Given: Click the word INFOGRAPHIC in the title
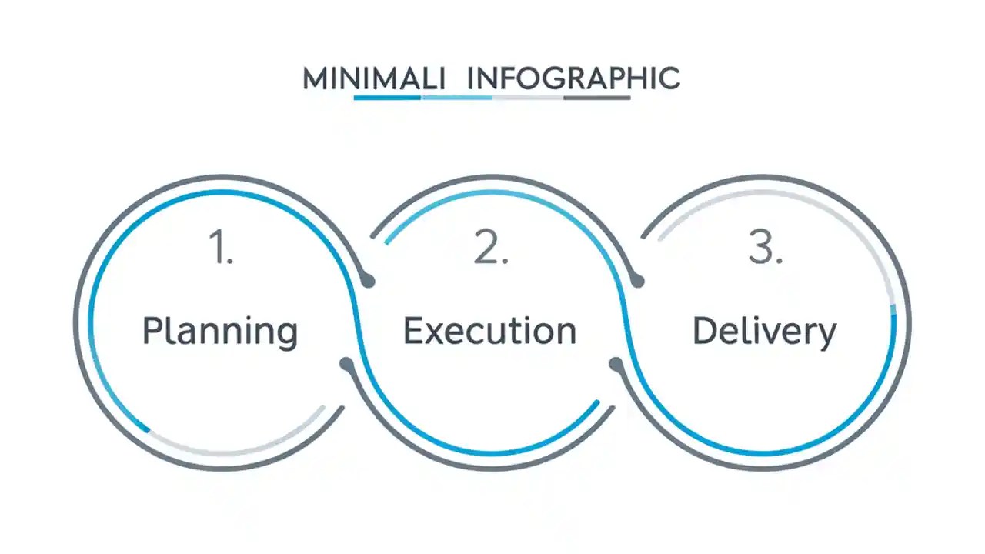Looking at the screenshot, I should (573, 78).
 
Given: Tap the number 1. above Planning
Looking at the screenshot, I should (222, 249).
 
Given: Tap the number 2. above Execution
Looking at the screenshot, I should (491, 249).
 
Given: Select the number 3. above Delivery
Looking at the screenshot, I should (765, 249).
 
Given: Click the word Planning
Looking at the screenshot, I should (220, 332).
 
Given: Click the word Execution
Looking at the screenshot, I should (490, 331).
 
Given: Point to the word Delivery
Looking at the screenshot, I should (764, 332).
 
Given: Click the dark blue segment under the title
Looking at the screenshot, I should (387, 98).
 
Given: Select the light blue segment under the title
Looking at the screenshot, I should (457, 98).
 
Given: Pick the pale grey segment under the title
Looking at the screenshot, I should (528, 98).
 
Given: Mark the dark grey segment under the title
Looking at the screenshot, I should (597, 98).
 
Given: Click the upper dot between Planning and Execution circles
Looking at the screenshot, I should (369, 282).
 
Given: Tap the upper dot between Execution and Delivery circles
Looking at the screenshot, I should (637, 282).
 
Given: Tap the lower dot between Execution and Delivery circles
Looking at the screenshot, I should (616, 363).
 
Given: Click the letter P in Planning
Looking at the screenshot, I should (152, 331).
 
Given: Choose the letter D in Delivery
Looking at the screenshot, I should (703, 331).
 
